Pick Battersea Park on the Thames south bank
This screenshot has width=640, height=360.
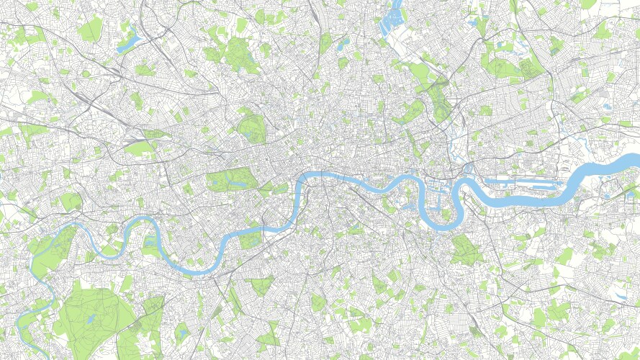coord(251,240)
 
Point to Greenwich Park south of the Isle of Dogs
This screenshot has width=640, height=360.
coord(466,249)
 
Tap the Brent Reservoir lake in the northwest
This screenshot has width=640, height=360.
coord(128,43)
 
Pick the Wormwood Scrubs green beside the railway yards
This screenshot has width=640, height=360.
coord(140,148)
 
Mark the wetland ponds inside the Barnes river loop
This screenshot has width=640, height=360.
coord(151,245)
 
